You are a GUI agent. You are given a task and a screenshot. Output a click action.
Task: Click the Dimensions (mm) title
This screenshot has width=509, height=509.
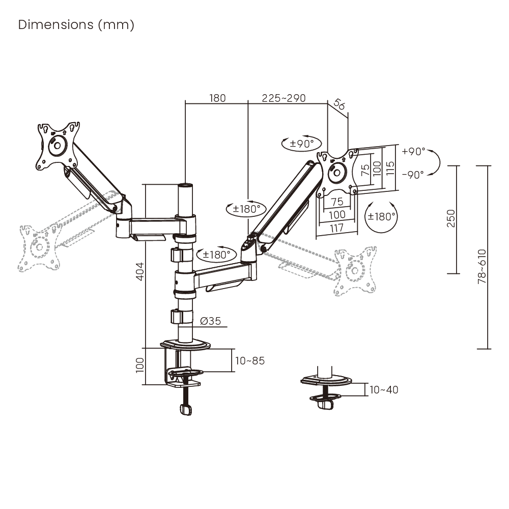click(x=76, y=24)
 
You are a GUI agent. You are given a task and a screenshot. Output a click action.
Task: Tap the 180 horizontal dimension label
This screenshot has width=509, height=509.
click(x=217, y=98)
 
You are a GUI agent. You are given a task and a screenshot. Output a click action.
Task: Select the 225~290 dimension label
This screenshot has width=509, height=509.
click(x=284, y=98)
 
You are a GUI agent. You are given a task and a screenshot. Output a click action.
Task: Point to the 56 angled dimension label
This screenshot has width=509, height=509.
click(x=339, y=104)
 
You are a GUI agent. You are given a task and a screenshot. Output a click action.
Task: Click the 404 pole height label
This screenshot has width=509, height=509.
click(x=139, y=271)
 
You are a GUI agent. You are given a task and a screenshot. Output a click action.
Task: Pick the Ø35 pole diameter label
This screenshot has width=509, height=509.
click(x=210, y=321)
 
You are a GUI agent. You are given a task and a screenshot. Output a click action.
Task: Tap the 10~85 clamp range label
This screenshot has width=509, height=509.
click(x=249, y=361)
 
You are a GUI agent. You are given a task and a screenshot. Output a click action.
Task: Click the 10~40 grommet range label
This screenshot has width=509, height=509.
click(x=384, y=389)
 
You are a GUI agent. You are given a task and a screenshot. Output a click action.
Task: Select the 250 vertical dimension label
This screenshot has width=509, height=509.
click(x=451, y=218)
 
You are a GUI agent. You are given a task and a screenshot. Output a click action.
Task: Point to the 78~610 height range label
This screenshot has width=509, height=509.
click(x=482, y=267)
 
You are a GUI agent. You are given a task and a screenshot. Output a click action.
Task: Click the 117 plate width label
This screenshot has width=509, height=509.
click(x=336, y=228)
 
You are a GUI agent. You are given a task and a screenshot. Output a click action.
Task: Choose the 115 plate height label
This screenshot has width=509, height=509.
click(x=390, y=168)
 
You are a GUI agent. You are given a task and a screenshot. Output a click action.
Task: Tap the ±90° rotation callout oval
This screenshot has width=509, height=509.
click(x=301, y=144)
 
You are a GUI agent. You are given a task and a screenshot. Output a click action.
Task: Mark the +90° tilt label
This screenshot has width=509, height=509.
click(x=413, y=151)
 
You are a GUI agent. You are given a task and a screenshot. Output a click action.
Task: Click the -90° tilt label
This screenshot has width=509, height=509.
click(x=413, y=175)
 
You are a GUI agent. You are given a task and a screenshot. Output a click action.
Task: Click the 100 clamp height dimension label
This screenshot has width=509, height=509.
click(x=139, y=365)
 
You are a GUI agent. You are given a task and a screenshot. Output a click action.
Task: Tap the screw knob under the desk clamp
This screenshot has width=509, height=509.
click(x=186, y=409)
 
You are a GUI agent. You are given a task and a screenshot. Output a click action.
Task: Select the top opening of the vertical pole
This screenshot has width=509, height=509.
click(x=185, y=185)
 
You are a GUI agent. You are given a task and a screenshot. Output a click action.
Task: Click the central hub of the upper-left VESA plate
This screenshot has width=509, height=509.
click(x=58, y=146)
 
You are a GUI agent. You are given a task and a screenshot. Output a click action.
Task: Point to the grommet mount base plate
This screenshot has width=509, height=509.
click(x=326, y=380)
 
